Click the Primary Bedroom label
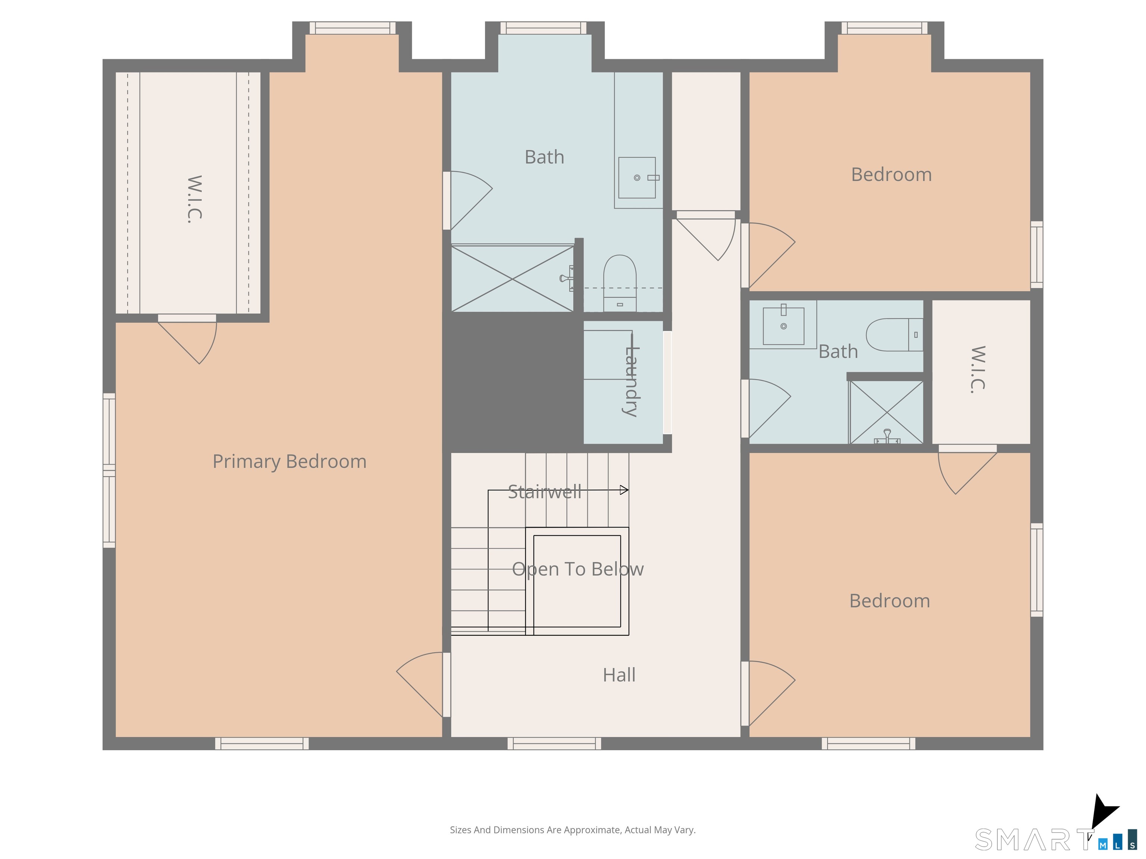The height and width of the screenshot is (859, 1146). click(289, 461)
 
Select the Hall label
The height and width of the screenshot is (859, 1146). click(619, 675)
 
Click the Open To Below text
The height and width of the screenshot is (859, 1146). click(577, 569)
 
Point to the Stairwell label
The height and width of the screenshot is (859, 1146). click(545, 491)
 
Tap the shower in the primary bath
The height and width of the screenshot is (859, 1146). click(513, 279)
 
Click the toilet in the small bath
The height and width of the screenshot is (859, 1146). click(895, 335)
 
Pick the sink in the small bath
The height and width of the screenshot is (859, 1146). click(783, 325)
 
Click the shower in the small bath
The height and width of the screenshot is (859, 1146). click(886, 412)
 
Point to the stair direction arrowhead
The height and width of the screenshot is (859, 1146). click(624, 490)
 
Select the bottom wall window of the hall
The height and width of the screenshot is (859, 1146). click(554, 743)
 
